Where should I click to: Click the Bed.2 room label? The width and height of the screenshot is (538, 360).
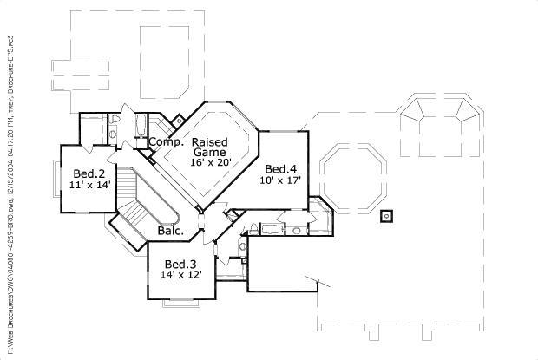89,173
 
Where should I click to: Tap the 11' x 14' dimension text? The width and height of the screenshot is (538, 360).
91,184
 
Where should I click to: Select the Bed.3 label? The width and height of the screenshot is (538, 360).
180,264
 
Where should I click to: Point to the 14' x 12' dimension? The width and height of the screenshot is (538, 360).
181,274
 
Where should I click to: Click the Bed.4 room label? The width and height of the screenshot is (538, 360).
281,169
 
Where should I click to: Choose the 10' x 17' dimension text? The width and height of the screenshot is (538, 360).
280,180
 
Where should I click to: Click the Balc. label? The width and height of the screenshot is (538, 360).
170,231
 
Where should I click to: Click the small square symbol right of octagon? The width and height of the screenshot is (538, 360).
388,214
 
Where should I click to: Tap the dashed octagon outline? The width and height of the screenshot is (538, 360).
351,178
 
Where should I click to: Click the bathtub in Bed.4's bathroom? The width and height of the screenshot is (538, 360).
272,229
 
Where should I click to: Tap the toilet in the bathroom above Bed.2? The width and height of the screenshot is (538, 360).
114,133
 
